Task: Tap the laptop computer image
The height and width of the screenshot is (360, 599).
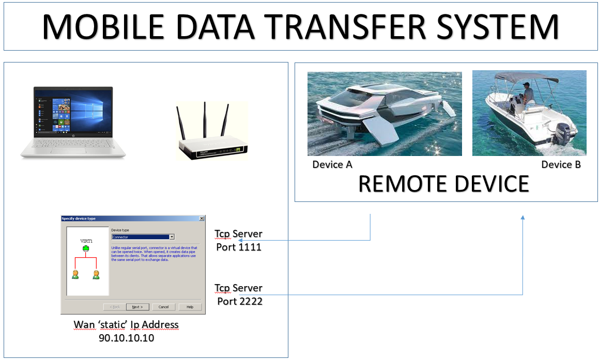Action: point(73,122)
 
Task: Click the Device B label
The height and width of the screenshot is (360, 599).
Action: point(561,165)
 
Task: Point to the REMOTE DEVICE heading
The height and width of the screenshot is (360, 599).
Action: point(443,184)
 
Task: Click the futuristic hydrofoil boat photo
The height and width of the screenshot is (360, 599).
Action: point(385,114)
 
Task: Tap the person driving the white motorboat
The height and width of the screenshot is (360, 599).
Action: point(527,96)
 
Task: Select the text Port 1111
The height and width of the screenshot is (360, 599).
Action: point(239,247)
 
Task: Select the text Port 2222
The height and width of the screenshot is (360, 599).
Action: point(239,301)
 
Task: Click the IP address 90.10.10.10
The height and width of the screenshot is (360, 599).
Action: point(126,338)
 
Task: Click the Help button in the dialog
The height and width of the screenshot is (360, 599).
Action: point(190,307)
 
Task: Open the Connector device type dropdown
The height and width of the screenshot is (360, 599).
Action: point(172,237)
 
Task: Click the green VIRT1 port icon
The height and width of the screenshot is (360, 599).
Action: point(86,249)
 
